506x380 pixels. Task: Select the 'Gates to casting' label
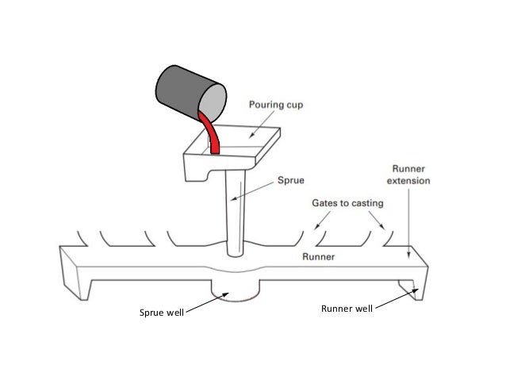tap(347, 203)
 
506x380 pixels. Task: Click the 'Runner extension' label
tap(410, 174)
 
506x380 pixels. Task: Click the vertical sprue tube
tap(235, 214)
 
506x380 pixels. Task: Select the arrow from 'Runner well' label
tap(397, 300)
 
